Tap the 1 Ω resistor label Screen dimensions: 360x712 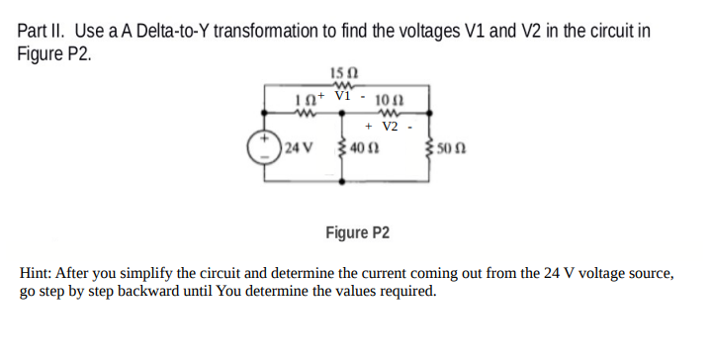tap(307, 100)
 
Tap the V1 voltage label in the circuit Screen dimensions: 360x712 tap(342, 96)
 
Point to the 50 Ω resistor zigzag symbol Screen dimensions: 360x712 tap(425, 150)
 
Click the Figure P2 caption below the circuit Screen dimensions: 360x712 tap(357, 233)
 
